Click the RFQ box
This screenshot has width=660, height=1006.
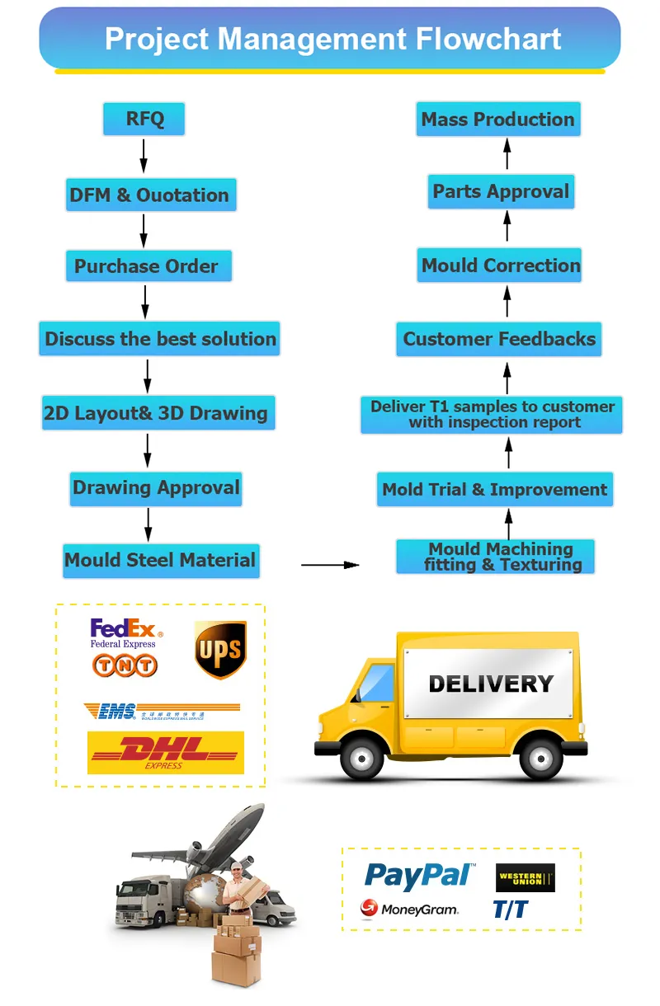click(x=144, y=120)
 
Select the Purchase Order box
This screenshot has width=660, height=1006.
click(x=148, y=266)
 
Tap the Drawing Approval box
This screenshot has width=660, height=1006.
click(x=156, y=488)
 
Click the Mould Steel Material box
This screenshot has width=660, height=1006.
click(x=161, y=561)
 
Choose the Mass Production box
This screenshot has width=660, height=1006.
click(x=498, y=120)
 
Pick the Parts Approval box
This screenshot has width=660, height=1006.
click(x=501, y=192)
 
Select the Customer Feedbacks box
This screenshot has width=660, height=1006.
click(x=498, y=339)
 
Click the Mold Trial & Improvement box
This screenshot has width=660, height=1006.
click(x=495, y=490)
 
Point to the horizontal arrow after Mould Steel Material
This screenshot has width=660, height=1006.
click(x=330, y=565)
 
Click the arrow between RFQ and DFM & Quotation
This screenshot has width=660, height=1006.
click(x=144, y=156)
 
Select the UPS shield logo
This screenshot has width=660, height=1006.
click(x=220, y=650)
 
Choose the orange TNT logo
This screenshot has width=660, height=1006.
click(x=125, y=665)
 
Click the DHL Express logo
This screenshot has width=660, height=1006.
click(x=166, y=752)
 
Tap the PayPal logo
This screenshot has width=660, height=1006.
click(x=419, y=875)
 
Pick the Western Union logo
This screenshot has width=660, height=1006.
click(x=525, y=878)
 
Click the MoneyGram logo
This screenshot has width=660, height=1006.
click(x=409, y=910)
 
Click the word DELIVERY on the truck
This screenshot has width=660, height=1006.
click(x=490, y=684)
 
